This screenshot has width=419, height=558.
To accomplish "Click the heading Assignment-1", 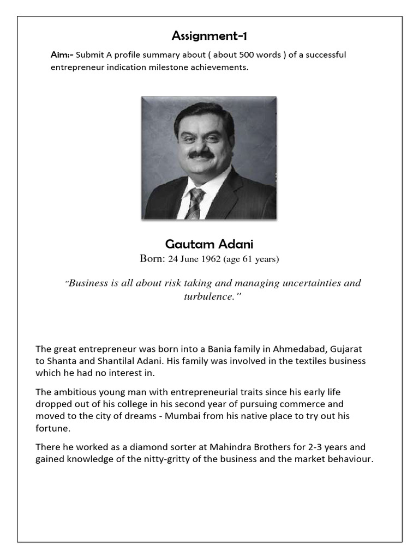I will tap(209, 37).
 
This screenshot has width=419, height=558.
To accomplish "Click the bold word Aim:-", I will tap(62, 55).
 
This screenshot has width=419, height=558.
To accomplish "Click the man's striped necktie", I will tap(194, 202).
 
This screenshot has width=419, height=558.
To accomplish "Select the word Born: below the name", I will tap(152, 259).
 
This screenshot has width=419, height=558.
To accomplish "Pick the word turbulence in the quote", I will tap(207, 297).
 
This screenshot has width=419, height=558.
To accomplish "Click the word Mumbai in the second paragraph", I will tap(184, 416).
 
